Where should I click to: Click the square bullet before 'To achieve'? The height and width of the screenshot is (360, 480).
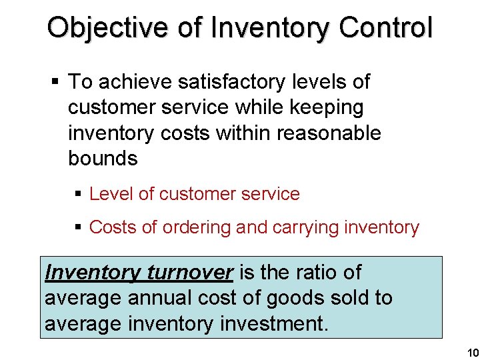[x=55, y=83]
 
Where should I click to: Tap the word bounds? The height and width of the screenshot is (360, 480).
[x=103, y=158]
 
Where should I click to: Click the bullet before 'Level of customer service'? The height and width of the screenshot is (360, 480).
[x=78, y=194]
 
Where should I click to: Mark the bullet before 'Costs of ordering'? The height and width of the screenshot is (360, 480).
[x=78, y=227]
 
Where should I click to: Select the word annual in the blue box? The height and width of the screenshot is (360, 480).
[x=154, y=297]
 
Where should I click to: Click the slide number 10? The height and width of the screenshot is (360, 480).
[x=472, y=352]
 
